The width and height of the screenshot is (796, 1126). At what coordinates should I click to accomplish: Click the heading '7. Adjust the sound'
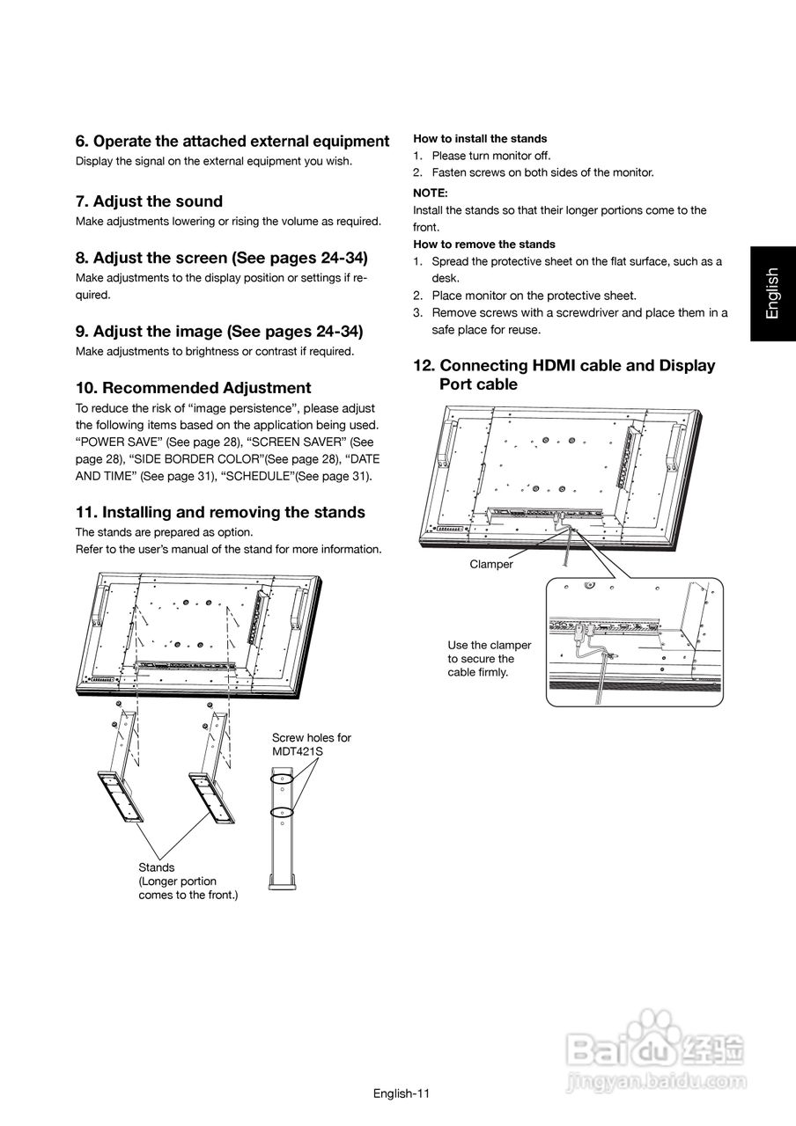click(x=149, y=201)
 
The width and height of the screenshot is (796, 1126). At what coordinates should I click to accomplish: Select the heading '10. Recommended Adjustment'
click(x=193, y=388)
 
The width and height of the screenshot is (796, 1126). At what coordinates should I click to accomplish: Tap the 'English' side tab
click(x=772, y=293)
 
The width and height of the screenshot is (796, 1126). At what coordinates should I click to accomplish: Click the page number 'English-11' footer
click(x=401, y=1093)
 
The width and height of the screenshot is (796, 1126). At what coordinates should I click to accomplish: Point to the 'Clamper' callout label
click(x=490, y=565)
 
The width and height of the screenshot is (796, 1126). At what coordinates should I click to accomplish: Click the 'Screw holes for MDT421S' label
click(x=311, y=744)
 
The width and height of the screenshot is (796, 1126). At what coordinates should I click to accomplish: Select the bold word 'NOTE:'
click(x=431, y=192)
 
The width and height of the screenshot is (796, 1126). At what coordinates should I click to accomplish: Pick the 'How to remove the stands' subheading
click(x=484, y=244)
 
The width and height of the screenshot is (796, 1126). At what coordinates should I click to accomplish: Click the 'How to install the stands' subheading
click(x=480, y=139)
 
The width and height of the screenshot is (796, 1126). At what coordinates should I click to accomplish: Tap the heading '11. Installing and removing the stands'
click(x=220, y=512)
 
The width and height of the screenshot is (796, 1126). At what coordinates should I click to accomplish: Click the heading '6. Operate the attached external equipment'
click(x=232, y=142)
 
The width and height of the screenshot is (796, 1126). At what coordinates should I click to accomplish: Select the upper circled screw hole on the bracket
click(x=282, y=779)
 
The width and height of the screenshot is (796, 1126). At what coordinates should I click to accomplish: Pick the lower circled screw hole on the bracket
click(x=282, y=811)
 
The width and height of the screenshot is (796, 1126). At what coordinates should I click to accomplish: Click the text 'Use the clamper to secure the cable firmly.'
click(x=489, y=658)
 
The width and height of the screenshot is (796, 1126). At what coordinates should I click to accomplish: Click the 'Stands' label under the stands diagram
click(x=157, y=867)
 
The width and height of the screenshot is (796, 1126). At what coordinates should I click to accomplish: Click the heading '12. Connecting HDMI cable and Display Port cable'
click(x=564, y=375)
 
